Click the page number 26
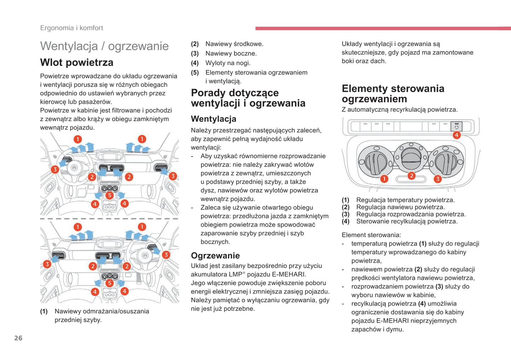tap(18, 338)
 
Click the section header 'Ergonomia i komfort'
tap(71, 28)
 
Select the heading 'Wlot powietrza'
tap(77, 63)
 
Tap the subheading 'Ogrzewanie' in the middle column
tap(215, 255)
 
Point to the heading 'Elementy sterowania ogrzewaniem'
tap(393, 94)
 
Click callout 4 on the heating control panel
tap(457, 135)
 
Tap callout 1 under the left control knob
tap(384, 179)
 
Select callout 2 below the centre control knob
tap(411, 176)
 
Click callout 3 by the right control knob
tap(437, 179)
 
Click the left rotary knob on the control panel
tap(376, 161)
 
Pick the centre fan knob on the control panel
tap(411, 157)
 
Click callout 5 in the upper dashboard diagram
tap(110, 195)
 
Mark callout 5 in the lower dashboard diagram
tap(110, 283)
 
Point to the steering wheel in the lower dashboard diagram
tap(145, 255)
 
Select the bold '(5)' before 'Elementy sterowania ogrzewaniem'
tap(195, 73)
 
